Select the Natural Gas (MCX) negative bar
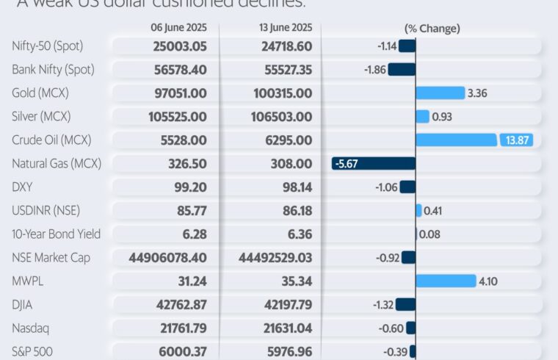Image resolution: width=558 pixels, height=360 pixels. (374, 163)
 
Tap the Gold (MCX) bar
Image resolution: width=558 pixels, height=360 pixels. (440, 93)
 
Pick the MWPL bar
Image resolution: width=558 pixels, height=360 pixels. (446, 281)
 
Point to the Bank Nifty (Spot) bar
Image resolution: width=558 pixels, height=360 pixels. (402, 69)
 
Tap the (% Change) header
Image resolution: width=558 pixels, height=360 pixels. (432, 29)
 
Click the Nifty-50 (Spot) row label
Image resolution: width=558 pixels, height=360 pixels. (48, 46)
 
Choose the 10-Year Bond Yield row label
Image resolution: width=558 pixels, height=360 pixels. (57, 234)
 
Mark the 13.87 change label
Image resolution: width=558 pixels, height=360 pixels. (519, 140)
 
